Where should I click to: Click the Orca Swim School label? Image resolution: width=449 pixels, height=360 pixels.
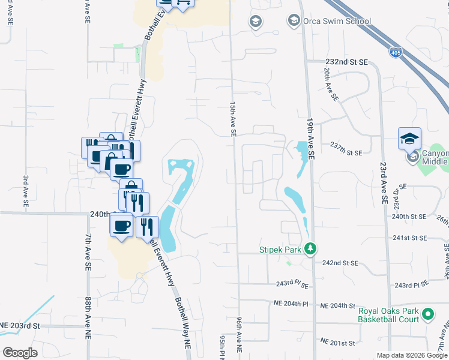337,21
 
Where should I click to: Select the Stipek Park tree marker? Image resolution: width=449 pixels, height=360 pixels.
310,248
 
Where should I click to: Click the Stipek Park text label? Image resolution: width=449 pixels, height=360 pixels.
280,248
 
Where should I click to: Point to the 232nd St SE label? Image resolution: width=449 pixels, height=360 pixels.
346,62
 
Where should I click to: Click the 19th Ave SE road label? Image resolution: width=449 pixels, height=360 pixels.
311,138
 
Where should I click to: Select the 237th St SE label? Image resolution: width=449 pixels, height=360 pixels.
346,152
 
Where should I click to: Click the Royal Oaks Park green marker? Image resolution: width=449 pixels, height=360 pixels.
428,314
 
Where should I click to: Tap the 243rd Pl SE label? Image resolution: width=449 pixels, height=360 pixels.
292,284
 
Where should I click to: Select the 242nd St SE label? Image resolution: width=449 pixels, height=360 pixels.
340,263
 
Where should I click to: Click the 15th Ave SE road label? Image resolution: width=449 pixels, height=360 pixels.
233,119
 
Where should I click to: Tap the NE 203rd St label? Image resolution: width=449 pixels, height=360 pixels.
20,325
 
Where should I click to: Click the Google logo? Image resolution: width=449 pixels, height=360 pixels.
20,353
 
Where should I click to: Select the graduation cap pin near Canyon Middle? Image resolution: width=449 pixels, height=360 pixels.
409,138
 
